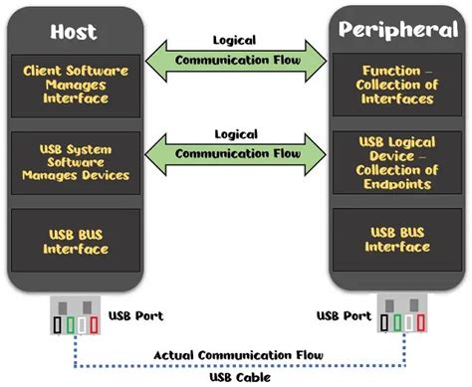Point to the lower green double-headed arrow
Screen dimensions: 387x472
coord(235,153)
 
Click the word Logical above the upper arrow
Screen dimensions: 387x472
coord(235,40)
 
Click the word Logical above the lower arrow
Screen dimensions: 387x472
coord(235,132)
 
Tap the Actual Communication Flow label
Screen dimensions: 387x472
coord(235,354)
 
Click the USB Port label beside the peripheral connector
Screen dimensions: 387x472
coord(342,316)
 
